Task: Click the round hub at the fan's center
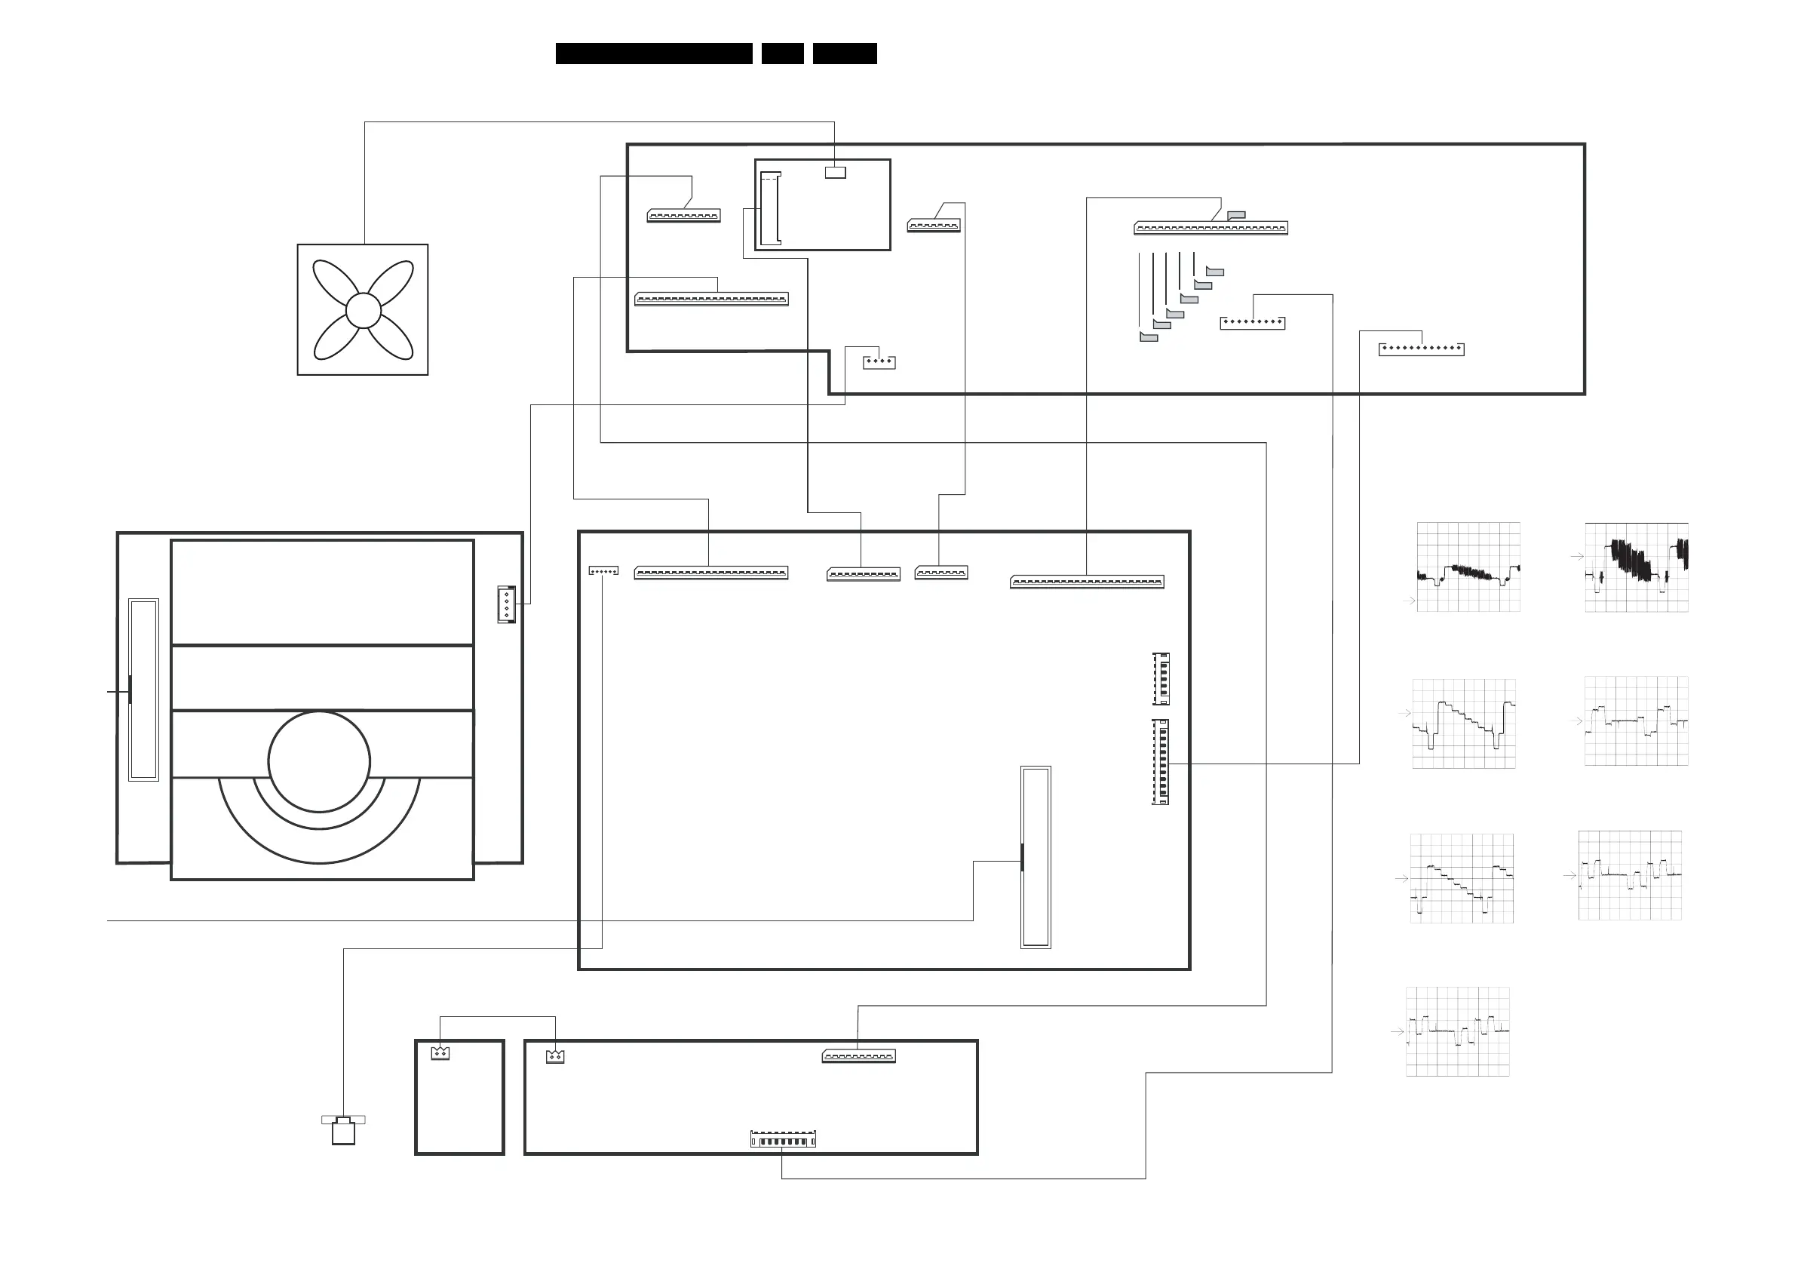tap(363, 310)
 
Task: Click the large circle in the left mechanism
tap(319, 761)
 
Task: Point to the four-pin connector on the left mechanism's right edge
tap(507, 604)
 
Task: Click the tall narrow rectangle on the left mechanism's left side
tap(144, 690)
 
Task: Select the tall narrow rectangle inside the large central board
tap(1036, 857)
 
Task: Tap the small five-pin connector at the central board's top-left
tap(603, 571)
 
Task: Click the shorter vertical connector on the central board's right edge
tap(1161, 678)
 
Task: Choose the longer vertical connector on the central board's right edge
tap(1161, 761)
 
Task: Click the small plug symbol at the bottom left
tap(343, 1131)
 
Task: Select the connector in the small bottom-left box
tap(440, 1053)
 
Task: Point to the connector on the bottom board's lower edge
tap(783, 1141)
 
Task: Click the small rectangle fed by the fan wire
tap(835, 172)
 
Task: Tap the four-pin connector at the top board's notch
tap(879, 362)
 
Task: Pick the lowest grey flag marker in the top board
tap(1149, 337)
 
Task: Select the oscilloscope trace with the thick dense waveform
tap(1637, 567)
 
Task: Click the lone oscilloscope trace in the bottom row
tap(1457, 1031)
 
